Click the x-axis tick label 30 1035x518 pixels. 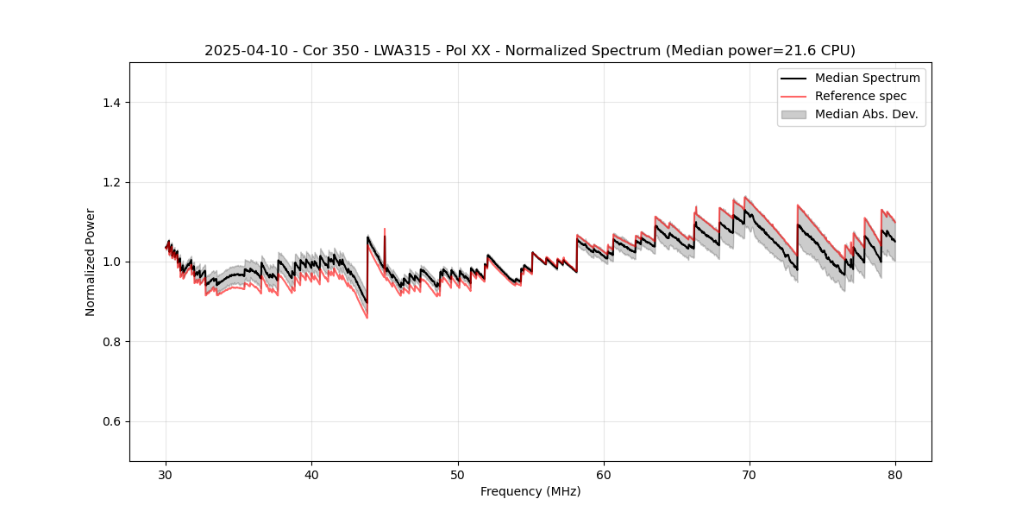coord(166,475)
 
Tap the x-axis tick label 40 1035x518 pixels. coord(311,475)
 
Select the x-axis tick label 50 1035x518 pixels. coord(458,475)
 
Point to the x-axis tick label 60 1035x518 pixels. coord(604,475)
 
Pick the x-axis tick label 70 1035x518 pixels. coord(750,475)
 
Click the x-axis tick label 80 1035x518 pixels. coord(895,475)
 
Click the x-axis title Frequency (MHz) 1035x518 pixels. coord(530,491)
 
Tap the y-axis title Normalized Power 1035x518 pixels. coord(91,262)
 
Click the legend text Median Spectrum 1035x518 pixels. coord(867,78)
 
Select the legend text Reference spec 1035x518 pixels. coord(861,96)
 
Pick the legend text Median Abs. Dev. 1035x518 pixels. coord(866,114)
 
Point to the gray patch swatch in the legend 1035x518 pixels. coord(793,114)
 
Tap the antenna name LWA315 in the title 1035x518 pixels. coord(404,50)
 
